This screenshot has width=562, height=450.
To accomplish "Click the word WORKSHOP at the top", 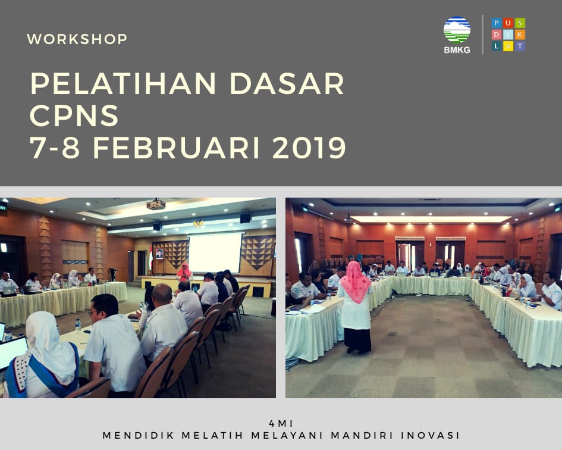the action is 77,39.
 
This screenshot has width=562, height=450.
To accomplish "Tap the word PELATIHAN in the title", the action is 123,83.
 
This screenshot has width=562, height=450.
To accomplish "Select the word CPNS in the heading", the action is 74,115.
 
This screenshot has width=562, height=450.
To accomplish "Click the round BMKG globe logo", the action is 457,30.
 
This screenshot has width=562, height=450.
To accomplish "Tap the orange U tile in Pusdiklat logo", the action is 508,23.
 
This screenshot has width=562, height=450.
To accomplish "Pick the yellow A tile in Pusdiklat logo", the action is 508,46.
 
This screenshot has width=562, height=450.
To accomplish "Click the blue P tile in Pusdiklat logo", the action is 497,23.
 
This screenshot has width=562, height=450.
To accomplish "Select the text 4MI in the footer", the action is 281,423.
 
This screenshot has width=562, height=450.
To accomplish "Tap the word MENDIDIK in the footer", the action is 139,435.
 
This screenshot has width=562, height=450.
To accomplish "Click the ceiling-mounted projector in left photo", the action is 156,204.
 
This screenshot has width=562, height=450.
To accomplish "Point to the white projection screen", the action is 215,252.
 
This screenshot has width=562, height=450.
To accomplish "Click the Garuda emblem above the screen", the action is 198,224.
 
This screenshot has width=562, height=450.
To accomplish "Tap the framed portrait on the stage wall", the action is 159,254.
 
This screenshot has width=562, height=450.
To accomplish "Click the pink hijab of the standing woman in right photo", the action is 356,282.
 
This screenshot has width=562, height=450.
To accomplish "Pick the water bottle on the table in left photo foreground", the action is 78,326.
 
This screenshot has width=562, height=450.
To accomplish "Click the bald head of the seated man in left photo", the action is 162,293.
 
